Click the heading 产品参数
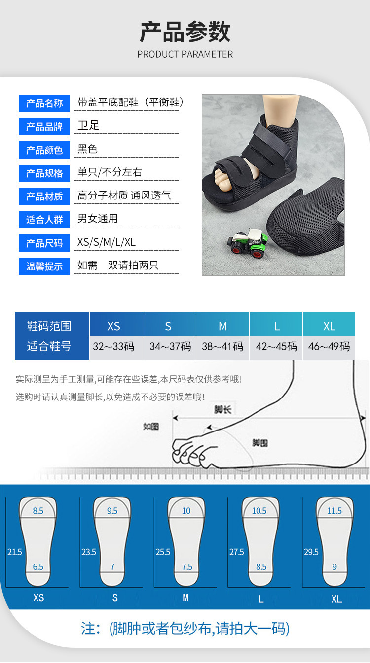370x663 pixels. pyautogui.click(x=185, y=32)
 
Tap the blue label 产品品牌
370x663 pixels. pyautogui.click(x=44, y=127)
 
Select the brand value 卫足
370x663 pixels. pyautogui.click(x=88, y=125)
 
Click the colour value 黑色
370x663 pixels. pyautogui.click(x=88, y=149)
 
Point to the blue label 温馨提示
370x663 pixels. pyautogui.click(x=44, y=267)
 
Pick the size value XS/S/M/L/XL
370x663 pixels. pyautogui.click(x=107, y=242)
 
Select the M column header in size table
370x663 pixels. pyautogui.click(x=222, y=326)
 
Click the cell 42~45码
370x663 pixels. pyautogui.click(x=276, y=346)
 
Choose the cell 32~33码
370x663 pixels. pyautogui.click(x=113, y=346)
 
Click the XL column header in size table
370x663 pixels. pyautogui.click(x=329, y=326)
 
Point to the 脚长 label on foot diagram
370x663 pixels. pyautogui.click(x=222, y=408)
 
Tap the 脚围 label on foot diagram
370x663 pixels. pyautogui.click(x=260, y=442)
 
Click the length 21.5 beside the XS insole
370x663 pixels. pyautogui.click(x=15, y=552)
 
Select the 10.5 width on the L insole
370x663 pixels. pyautogui.click(x=259, y=511)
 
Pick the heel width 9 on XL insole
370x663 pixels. pyautogui.click(x=334, y=567)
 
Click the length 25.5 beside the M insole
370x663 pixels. pyautogui.click(x=163, y=552)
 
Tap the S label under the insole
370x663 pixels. pyautogui.click(x=115, y=598)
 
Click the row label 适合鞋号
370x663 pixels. pyautogui.click(x=49, y=346)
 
